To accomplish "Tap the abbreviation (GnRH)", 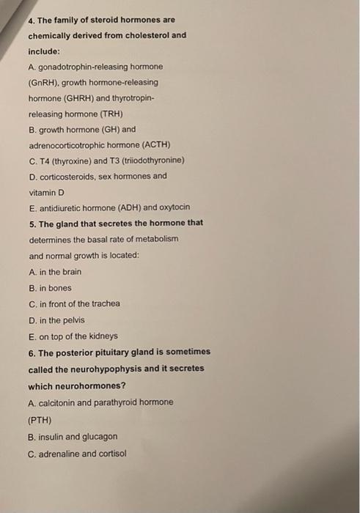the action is click(45, 83).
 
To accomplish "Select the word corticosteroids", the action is click(67, 176).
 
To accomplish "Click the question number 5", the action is click(32, 222).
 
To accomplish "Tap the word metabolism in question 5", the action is click(157, 239).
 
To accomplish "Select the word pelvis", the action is click(73, 320).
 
